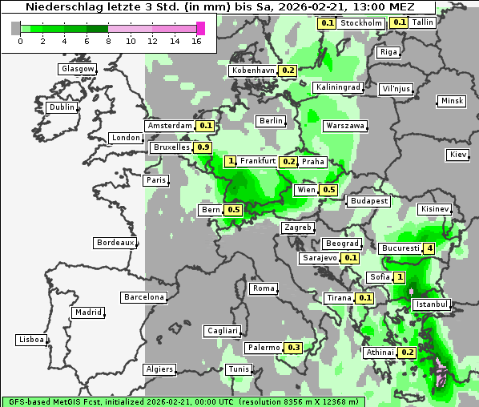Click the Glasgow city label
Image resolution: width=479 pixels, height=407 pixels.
tap(77, 69)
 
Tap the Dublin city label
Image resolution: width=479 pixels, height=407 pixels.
tap(61, 107)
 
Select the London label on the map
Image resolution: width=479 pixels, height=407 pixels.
tap(126, 138)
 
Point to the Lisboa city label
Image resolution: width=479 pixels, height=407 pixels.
tap(31, 340)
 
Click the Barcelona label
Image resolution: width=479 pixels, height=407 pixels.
tap(144, 297)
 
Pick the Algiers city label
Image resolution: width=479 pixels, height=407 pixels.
tap(159, 369)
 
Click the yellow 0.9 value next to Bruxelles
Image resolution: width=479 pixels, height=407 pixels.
tap(203, 147)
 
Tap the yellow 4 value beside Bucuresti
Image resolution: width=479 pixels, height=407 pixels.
tap(429, 248)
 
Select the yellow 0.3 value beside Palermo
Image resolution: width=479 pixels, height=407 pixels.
tap(294, 348)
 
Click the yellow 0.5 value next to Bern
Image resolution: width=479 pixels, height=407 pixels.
tap(233, 210)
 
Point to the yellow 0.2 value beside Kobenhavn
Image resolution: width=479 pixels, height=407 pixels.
tap(288, 71)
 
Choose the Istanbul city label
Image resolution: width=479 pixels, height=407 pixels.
tap(432, 304)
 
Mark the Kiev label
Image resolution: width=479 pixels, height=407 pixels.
tap(458, 155)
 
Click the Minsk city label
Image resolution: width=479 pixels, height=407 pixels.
tap(452, 101)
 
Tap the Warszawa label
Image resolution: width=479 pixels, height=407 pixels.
tap(345, 126)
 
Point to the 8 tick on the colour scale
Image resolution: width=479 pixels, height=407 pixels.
tap(108, 41)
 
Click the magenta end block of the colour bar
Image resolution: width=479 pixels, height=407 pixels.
tap(201, 28)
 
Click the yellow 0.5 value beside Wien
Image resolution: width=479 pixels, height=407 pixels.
tap(328, 190)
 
